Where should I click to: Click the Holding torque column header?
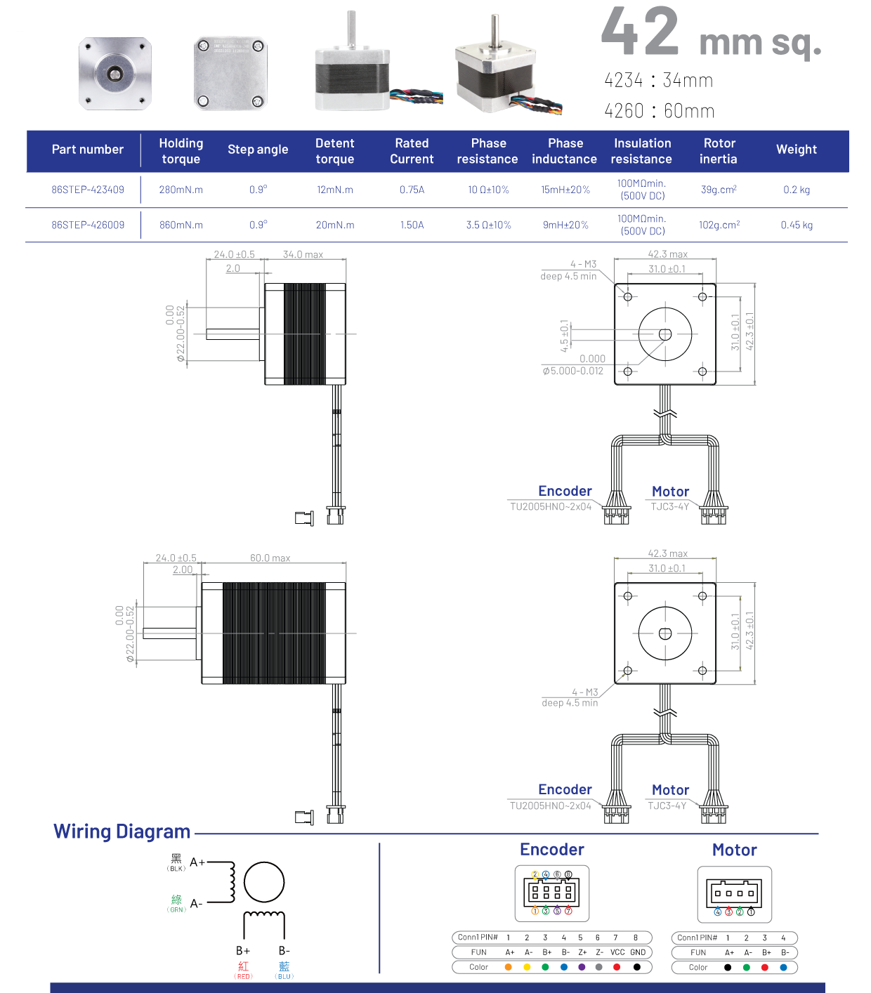point(181,151)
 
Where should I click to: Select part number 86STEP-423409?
point(88,190)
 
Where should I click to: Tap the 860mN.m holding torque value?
point(181,225)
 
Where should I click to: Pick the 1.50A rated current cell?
point(412,225)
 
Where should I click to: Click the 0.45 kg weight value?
point(797,225)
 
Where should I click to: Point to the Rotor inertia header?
point(719,151)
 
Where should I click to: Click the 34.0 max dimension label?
point(303,254)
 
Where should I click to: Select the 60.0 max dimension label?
point(270,558)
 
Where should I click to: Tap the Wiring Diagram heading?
point(122,831)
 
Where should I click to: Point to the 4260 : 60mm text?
point(659,111)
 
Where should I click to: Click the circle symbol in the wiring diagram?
point(264,882)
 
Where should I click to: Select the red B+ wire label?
point(243,968)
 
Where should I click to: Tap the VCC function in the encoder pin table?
point(617,952)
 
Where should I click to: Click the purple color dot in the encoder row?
point(582,967)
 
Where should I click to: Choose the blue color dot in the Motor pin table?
point(783,967)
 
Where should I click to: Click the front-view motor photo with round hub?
point(114,74)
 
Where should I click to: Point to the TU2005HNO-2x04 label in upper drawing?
point(551,506)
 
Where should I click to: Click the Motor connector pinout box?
point(734,894)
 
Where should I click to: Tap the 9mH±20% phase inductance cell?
point(565,225)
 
